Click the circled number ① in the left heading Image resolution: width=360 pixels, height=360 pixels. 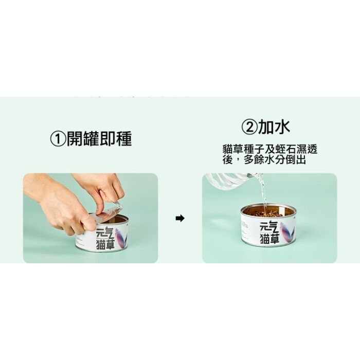58,139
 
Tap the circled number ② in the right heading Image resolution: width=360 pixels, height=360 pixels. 249,127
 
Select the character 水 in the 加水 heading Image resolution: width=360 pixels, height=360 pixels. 282,127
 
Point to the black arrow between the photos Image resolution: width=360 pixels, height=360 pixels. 180,218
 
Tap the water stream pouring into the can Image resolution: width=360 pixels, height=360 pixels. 263,192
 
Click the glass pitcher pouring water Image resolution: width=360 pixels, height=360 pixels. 232,181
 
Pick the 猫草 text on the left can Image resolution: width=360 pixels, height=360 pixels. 105,244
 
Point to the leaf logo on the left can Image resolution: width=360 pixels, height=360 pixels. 121,238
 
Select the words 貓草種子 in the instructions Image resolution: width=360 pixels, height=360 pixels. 243,150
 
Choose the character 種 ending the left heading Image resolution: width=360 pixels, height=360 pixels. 124,139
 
